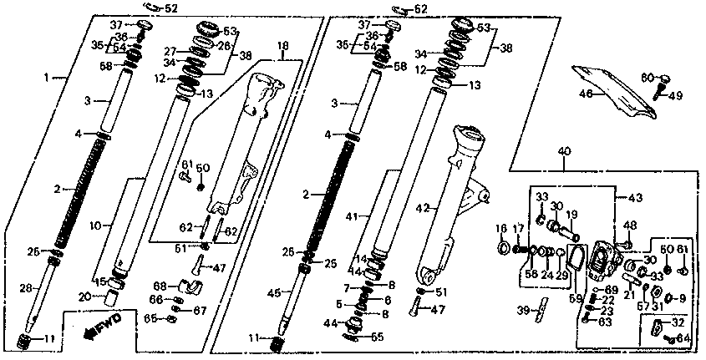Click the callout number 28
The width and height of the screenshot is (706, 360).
25,287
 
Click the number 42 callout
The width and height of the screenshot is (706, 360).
424,207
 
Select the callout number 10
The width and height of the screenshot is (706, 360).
94,226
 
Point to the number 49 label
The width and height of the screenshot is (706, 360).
676,95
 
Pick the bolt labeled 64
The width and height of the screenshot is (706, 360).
668,339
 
